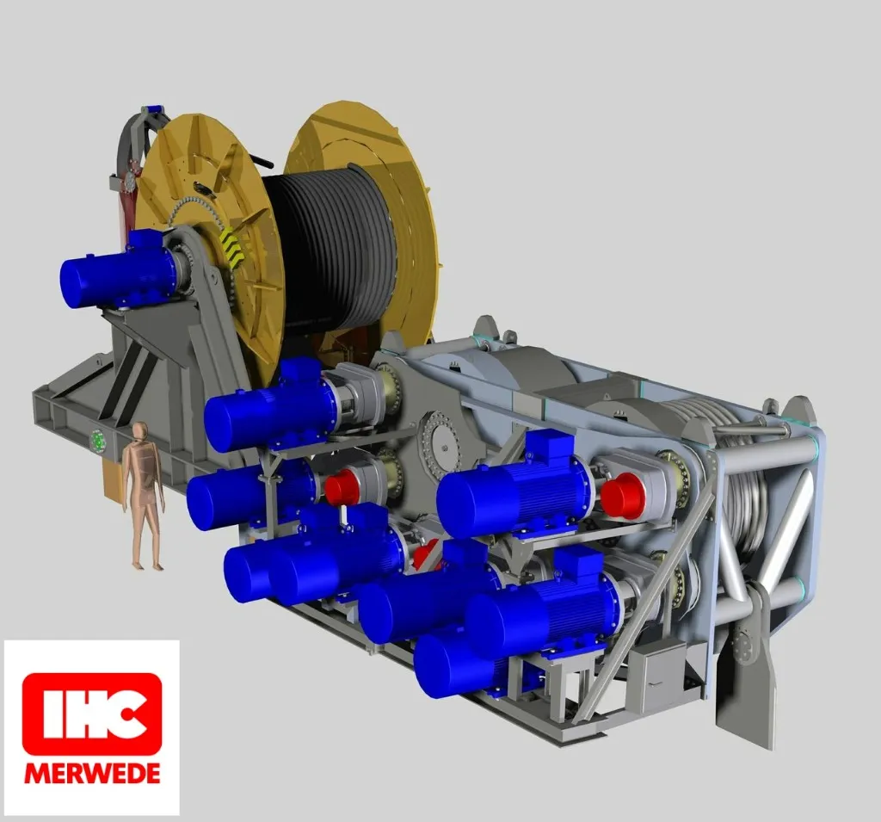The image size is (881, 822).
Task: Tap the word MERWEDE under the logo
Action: pyautogui.click(x=92, y=772)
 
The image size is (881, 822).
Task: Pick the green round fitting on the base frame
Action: pyautogui.click(x=98, y=441)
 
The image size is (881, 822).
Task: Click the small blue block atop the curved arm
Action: pyautogui.click(x=155, y=109)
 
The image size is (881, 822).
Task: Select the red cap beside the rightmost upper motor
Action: pyautogui.click(x=622, y=496)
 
